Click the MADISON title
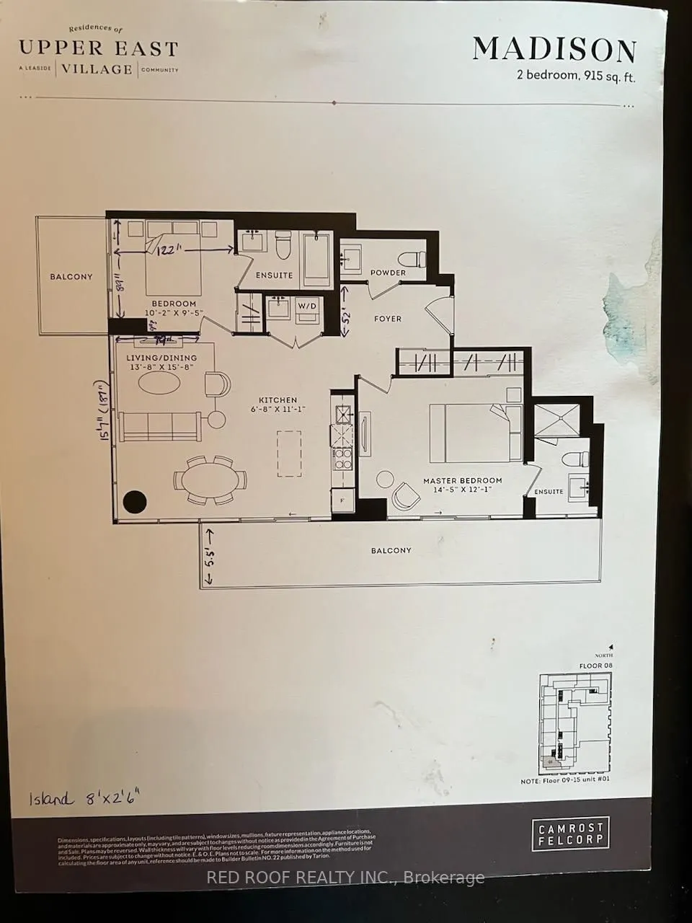pyautogui.click(x=554, y=50)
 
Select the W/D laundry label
pyautogui.click(x=309, y=306)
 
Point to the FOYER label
pyautogui.click(x=388, y=319)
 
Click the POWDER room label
pyautogui.click(x=388, y=273)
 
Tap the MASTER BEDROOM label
pyautogui.click(x=462, y=481)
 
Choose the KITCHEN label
pyautogui.click(x=278, y=400)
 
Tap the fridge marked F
pyautogui.click(x=341, y=500)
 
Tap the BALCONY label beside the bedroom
pyautogui.click(x=71, y=276)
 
